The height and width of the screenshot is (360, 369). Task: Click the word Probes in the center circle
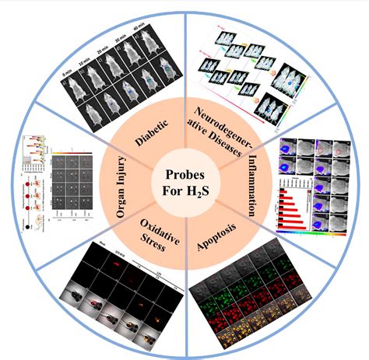click(x=183, y=167)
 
